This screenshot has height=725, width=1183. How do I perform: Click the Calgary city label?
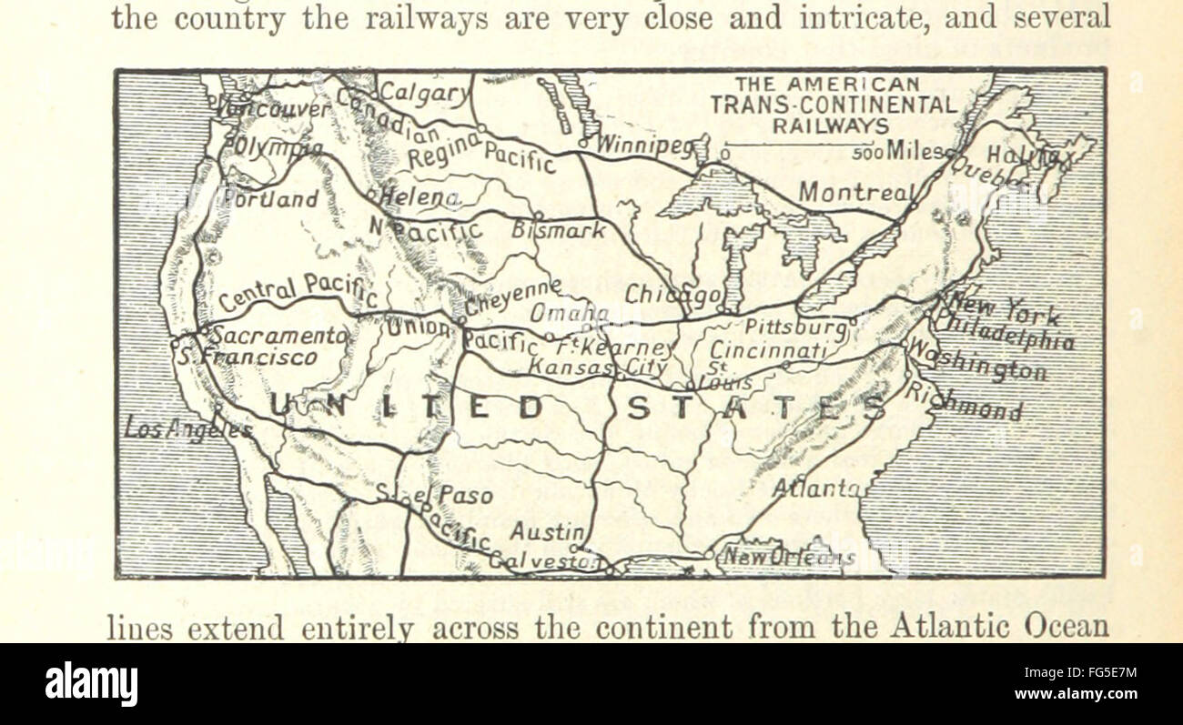tap(424, 92)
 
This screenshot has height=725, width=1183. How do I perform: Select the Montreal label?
tap(854, 192)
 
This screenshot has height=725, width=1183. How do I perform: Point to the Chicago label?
tap(673, 295)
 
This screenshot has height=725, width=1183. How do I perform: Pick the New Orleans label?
tap(788, 557)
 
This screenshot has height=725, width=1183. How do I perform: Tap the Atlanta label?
tap(815, 488)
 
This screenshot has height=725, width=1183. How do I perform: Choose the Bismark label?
tap(558, 230)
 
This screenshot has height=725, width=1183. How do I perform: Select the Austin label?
tap(546, 530)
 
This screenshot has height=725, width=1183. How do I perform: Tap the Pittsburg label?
tap(796, 326)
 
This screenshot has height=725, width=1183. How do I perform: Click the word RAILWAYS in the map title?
tap(831, 125)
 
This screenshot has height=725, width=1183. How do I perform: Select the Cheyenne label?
tap(511, 296)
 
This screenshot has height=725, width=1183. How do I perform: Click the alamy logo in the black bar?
tap(91, 683)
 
